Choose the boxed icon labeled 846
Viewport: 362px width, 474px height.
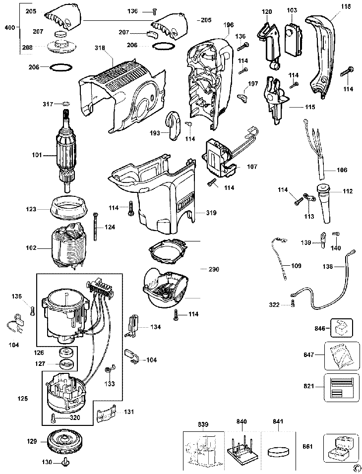(x=341, y=328)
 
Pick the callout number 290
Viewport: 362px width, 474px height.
(x=214, y=269)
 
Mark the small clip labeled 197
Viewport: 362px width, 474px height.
(x=242, y=94)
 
